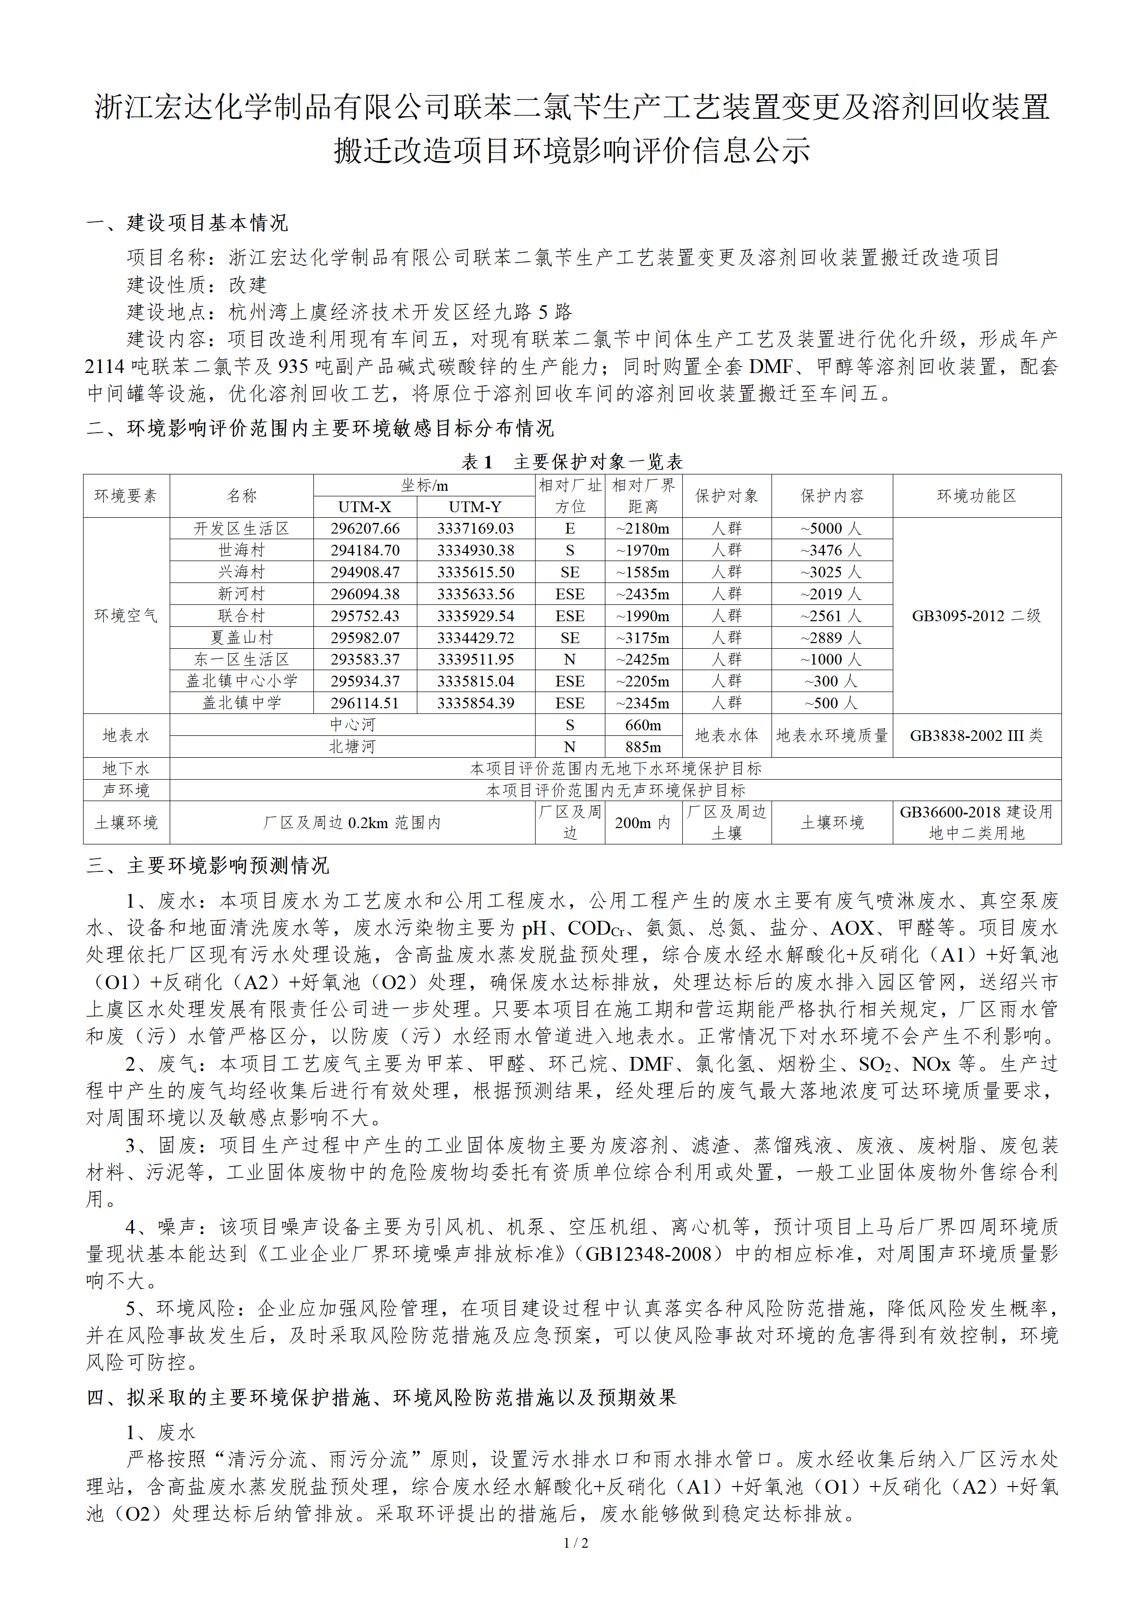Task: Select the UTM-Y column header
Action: [x=475, y=507]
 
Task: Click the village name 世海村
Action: [x=241, y=550]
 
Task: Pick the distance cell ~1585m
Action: [x=643, y=572]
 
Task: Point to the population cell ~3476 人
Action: [x=831, y=550]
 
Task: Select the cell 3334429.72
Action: [x=475, y=638]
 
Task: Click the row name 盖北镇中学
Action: [x=241, y=703]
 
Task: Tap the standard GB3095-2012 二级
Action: [x=976, y=616]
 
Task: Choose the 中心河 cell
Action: [x=353, y=725]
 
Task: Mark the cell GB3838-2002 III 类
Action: [x=976, y=736]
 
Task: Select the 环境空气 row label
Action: [x=126, y=616]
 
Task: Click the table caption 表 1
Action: [x=476, y=462]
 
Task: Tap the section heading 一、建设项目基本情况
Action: [x=188, y=223]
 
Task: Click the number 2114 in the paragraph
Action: [x=105, y=366]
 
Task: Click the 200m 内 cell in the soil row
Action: [x=643, y=823]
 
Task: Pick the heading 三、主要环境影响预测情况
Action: [x=208, y=865]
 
